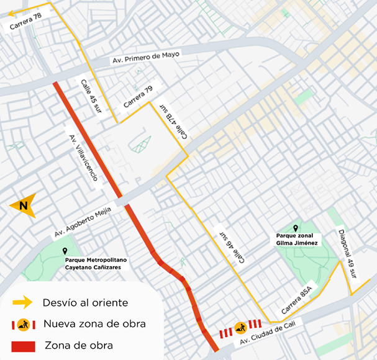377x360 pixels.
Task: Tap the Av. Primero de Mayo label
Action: (x=146, y=58)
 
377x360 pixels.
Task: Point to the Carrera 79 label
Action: (x=138, y=97)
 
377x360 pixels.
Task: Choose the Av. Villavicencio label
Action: (x=83, y=158)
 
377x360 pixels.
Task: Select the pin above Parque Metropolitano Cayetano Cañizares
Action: (x=65, y=251)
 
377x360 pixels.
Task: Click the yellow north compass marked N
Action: (x=25, y=205)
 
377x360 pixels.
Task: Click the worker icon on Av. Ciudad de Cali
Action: (x=240, y=328)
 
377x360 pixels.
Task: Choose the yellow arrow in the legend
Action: (x=22, y=303)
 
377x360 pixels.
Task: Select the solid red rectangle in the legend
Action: (x=24, y=345)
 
